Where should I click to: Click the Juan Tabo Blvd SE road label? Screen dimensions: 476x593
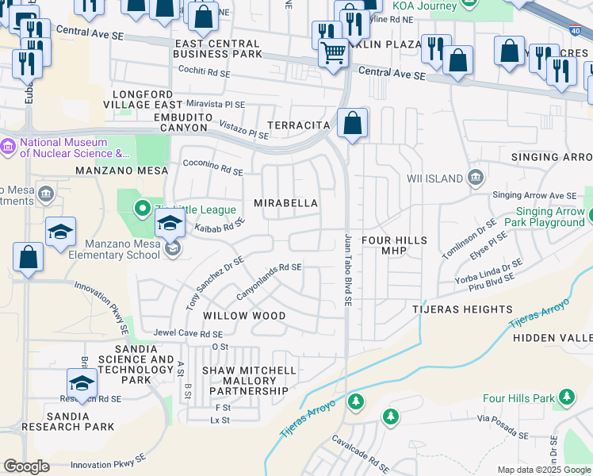(347, 270)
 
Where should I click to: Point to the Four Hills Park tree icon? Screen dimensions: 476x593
(566, 397)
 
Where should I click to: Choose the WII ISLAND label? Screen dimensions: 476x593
(434, 178)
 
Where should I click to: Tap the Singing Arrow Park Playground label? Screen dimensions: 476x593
(549, 217)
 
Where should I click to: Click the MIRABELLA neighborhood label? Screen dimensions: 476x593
(285, 204)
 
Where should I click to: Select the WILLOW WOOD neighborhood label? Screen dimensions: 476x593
(244, 316)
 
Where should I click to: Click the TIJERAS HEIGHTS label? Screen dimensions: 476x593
(461, 309)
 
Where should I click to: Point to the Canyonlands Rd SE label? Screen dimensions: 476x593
(269, 282)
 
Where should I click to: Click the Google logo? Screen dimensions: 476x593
(26, 466)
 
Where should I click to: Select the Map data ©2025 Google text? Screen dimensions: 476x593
(543, 470)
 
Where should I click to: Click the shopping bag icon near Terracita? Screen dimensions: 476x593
(352, 125)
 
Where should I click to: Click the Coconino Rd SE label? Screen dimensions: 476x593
(212, 168)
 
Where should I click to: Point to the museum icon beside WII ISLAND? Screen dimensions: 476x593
(475, 176)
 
